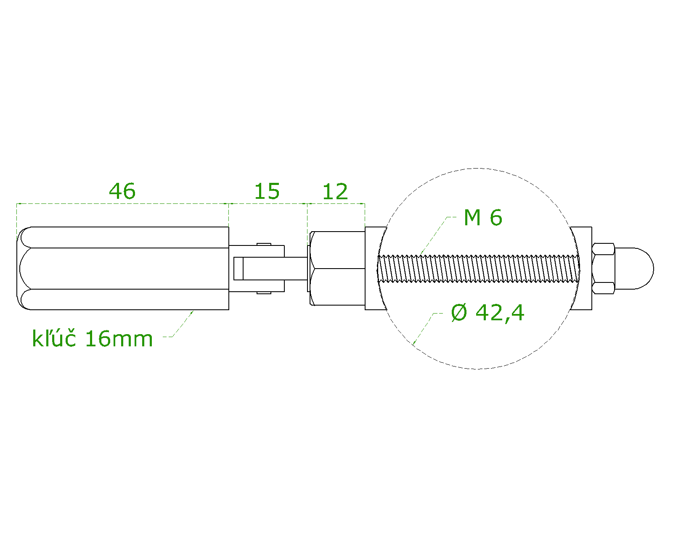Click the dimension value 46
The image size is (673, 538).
tap(122, 191)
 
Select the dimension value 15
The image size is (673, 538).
tap(267, 192)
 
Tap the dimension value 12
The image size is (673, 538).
tap(335, 192)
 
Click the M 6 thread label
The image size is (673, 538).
tap(483, 218)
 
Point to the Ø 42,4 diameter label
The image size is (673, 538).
tap(488, 313)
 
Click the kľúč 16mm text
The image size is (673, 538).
tap(92, 339)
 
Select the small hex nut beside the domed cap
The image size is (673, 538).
tap(603, 268)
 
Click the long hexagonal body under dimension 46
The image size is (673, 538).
tap(126, 268)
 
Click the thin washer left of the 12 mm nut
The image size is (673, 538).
tap(308, 268)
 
